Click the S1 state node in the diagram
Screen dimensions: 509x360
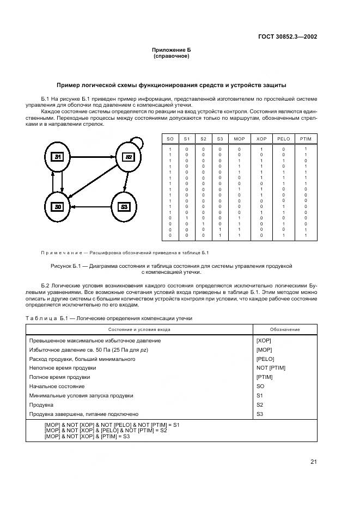click(x=58, y=157)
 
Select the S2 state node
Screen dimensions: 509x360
click(x=129, y=157)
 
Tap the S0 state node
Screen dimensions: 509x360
click(x=58, y=206)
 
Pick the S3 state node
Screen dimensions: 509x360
click(x=124, y=206)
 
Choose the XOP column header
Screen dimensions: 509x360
click(x=261, y=139)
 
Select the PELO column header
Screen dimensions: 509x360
click(x=283, y=139)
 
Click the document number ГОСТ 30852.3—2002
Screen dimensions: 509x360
click(x=288, y=37)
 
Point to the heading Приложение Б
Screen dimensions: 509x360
click(x=171, y=50)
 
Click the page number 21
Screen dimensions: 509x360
click(x=313, y=462)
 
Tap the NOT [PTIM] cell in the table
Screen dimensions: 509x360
click(x=270, y=368)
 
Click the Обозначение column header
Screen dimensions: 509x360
click(x=285, y=329)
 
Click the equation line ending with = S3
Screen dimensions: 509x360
click(x=87, y=436)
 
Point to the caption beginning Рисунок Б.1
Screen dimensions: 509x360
click(x=171, y=266)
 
